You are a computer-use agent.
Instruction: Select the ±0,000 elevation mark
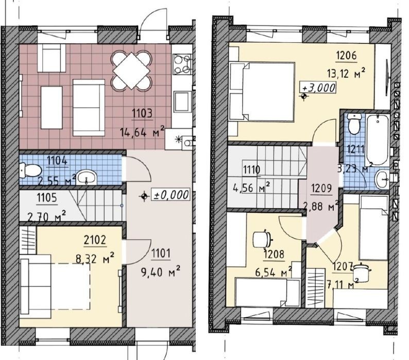click(x=165, y=195)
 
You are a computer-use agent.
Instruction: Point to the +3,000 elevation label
click(x=318, y=88)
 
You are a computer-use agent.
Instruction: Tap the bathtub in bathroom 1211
click(x=378, y=139)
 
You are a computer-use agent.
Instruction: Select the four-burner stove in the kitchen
click(x=182, y=64)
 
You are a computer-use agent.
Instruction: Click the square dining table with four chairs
click(x=131, y=71)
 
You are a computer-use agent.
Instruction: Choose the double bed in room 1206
click(x=262, y=92)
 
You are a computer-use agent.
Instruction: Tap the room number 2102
click(x=95, y=240)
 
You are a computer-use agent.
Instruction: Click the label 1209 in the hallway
click(x=321, y=188)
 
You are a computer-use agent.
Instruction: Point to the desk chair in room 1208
click(x=263, y=238)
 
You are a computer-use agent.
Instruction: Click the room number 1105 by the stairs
click(x=47, y=198)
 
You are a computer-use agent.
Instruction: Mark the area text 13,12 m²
click(x=346, y=74)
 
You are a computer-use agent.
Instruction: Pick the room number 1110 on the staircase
click(x=252, y=170)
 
